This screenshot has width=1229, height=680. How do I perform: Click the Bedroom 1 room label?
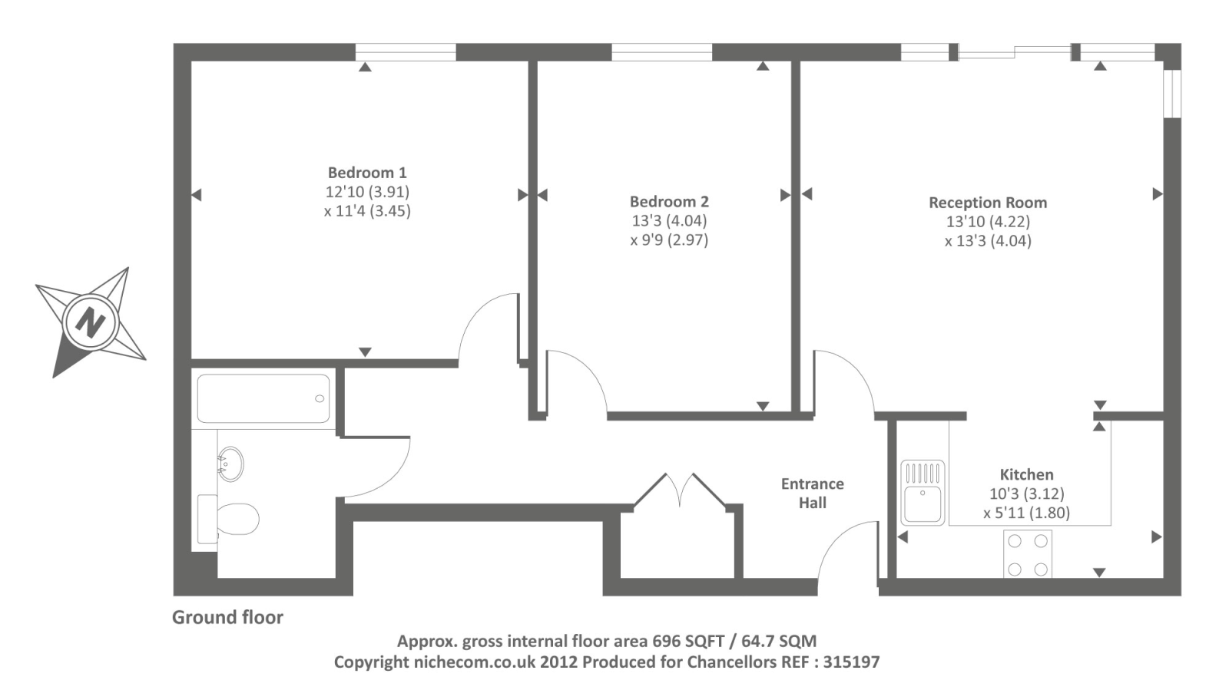(x=367, y=173)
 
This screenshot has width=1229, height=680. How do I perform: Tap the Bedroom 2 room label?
(x=669, y=202)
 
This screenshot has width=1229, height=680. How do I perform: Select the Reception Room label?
(x=988, y=203)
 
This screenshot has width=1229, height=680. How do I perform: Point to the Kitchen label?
(x=1026, y=475)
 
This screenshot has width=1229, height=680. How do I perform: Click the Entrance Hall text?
(x=813, y=493)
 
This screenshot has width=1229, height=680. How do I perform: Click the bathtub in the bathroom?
(x=263, y=398)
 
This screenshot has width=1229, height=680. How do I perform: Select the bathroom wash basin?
(x=230, y=464)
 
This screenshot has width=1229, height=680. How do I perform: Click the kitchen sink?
(x=923, y=493)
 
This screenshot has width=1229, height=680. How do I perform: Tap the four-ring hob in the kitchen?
(x=1028, y=553)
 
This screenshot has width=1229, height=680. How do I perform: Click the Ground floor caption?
(x=227, y=618)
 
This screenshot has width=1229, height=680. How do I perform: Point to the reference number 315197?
(x=851, y=662)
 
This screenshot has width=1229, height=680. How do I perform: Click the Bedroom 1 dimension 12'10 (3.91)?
(x=367, y=192)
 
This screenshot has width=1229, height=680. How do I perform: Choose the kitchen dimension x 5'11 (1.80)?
(x=1026, y=513)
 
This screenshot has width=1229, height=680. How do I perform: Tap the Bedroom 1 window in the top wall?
(x=406, y=52)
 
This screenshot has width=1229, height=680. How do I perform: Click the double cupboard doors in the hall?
(x=680, y=491)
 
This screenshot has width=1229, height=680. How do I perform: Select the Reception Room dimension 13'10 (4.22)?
(x=988, y=222)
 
